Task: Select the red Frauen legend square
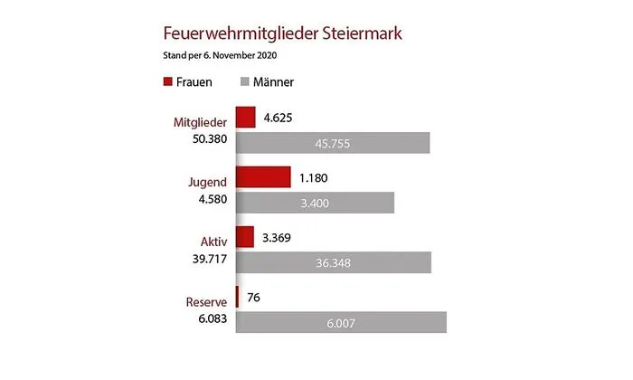click(x=167, y=82)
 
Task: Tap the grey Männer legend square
click(x=244, y=82)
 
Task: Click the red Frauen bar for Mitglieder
click(x=245, y=117)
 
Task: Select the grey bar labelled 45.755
click(x=332, y=143)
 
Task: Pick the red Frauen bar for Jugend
click(x=262, y=176)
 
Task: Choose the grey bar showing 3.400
click(x=314, y=203)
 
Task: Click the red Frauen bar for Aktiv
click(x=244, y=237)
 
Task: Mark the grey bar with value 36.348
click(x=333, y=262)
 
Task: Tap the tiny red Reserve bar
click(x=237, y=296)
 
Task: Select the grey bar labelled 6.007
click(x=340, y=323)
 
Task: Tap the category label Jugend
click(x=203, y=182)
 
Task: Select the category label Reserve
click(x=202, y=301)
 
